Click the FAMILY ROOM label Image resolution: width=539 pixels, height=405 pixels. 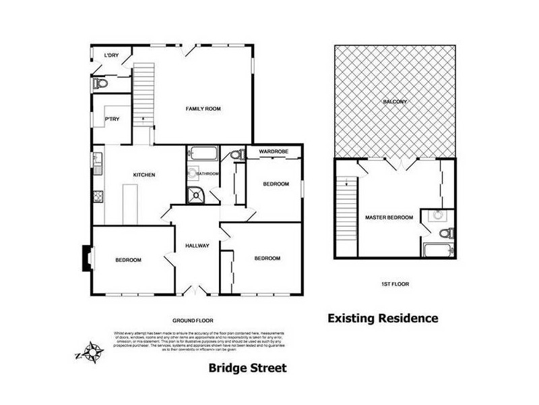203,108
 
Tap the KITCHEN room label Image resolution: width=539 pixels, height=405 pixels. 144,175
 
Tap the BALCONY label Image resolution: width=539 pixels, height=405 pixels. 395,102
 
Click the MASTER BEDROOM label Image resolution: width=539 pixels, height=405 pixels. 388,217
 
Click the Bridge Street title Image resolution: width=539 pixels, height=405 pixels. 247,368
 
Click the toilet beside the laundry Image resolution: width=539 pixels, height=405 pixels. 100,84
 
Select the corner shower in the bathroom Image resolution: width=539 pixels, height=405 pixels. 197,194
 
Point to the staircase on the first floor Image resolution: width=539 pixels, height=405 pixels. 346,216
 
